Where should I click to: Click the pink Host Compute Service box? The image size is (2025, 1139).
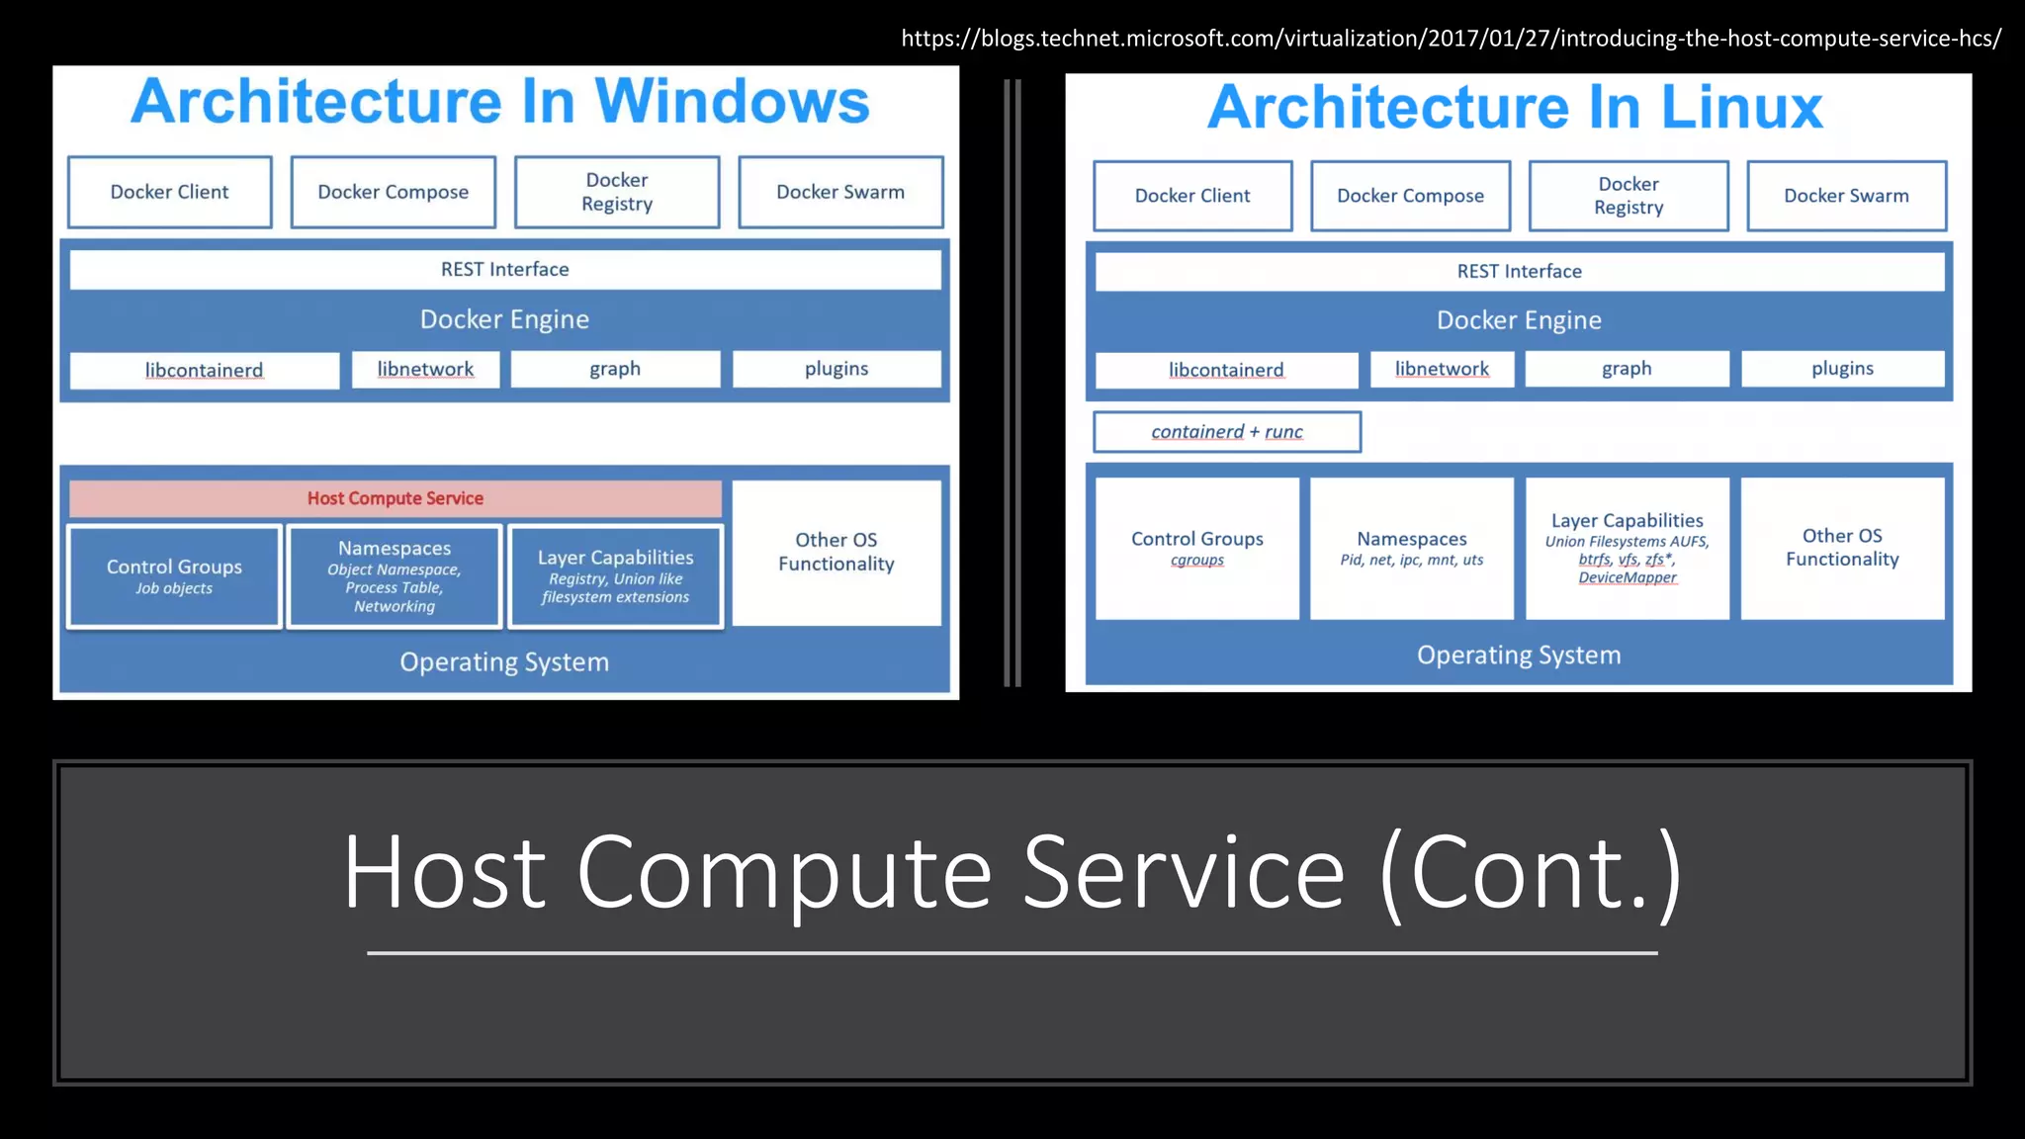(396, 498)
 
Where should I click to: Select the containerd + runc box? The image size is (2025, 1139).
(1227, 432)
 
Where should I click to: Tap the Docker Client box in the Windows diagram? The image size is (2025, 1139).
(169, 192)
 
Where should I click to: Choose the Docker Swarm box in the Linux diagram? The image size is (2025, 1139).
(1846, 196)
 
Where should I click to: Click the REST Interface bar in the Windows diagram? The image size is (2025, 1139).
(505, 269)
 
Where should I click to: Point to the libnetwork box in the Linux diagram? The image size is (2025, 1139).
(1442, 369)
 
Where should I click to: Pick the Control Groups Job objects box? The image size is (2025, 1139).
(174, 576)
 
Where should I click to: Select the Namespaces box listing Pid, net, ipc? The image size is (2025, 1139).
(1412, 548)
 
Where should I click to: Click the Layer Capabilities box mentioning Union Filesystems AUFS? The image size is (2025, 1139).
(1628, 548)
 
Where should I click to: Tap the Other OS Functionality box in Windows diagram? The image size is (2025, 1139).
(836, 552)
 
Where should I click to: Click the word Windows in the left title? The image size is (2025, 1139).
(732, 101)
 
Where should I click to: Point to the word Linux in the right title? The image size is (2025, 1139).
(1741, 107)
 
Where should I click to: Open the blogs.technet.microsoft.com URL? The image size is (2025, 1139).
(1451, 39)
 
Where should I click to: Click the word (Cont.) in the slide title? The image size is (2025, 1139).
(1530, 871)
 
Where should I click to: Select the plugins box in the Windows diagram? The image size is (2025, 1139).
(836, 369)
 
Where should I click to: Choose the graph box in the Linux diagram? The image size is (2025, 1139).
(1627, 369)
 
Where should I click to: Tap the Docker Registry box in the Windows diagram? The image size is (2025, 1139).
(617, 192)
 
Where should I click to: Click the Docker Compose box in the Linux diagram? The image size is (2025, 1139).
(1410, 196)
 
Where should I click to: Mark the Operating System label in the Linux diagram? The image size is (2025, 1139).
(1519, 656)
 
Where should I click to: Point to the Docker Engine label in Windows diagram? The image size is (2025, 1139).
(504, 319)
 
